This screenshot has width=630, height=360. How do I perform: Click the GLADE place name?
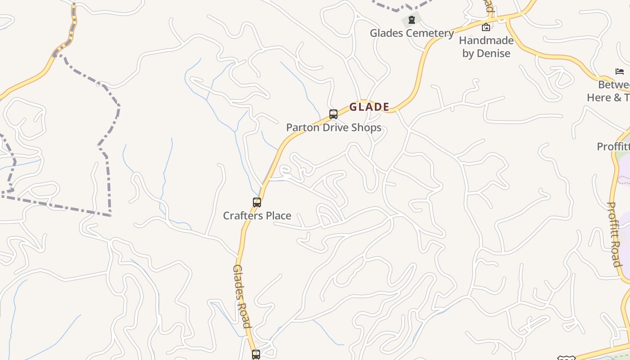point(369,107)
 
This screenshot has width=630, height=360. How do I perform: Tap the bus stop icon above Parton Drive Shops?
point(333,114)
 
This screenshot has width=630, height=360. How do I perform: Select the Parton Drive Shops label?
point(333,127)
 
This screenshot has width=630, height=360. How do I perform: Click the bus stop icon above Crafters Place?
point(257,202)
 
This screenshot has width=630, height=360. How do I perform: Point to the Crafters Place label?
point(257,216)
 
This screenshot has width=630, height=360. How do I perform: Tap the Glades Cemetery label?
point(412,33)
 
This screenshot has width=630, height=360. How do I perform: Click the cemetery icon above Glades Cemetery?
point(411,20)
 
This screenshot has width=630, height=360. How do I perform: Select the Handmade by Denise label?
point(486,47)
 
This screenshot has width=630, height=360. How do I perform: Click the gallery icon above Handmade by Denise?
point(486,27)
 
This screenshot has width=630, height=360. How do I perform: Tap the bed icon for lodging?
point(620,71)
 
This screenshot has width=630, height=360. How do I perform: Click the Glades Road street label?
point(242,296)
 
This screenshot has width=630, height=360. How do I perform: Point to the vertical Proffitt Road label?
point(615,234)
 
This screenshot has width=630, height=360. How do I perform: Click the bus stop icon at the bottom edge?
point(256,355)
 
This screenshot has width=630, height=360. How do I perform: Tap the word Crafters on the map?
point(243,216)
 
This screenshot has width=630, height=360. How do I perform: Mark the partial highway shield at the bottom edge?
point(566,358)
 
